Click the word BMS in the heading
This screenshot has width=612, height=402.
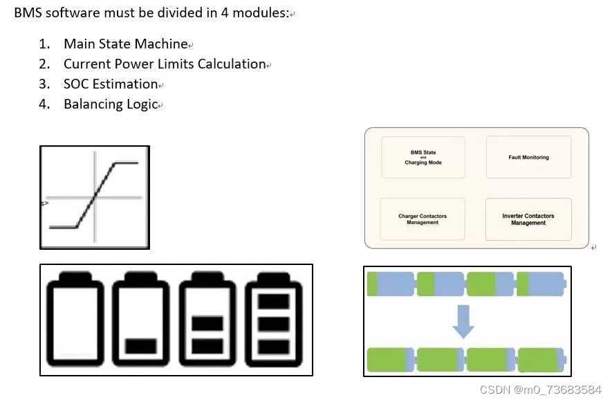coord(28,13)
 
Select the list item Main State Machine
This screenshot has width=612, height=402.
coord(126,44)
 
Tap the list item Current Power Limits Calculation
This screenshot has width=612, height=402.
coord(165,64)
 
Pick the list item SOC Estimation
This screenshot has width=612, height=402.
coord(111,84)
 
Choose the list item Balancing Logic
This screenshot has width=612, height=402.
coord(111,104)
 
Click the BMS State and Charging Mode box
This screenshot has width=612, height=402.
coord(423,158)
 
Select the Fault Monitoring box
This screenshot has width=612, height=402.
coord(528,157)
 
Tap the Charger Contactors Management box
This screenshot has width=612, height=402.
coord(423,219)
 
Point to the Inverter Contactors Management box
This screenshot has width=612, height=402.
coord(528,219)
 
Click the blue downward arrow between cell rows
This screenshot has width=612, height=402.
coord(463,321)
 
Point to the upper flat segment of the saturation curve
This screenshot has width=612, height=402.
coord(126,163)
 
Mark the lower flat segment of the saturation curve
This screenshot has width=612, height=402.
coord(63,227)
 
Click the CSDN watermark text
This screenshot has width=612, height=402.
coord(541,390)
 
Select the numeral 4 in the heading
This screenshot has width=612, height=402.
coord(225,13)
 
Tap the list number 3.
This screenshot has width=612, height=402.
coord(44,84)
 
